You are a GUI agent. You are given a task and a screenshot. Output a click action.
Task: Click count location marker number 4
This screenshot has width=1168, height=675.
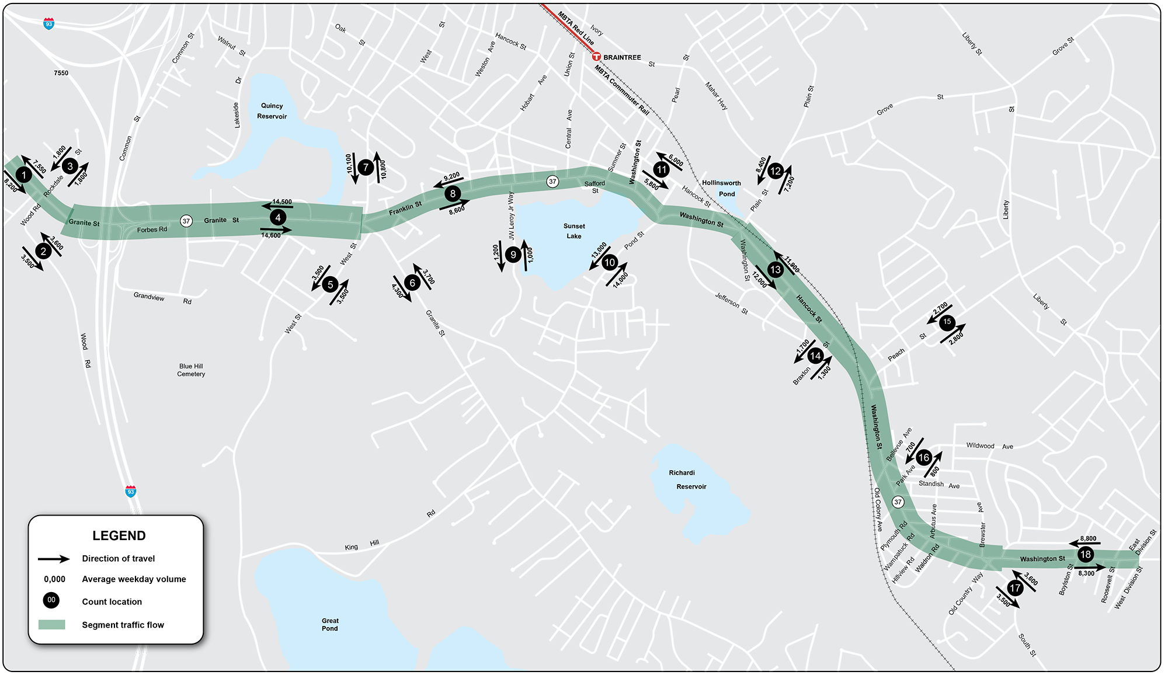click(x=278, y=218)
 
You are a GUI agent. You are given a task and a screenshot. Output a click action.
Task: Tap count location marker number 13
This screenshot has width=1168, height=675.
click(x=776, y=270)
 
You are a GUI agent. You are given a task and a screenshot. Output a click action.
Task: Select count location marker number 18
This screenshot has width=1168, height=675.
click(x=1086, y=555)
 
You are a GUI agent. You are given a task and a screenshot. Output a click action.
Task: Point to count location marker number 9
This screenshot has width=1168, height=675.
click(x=513, y=255)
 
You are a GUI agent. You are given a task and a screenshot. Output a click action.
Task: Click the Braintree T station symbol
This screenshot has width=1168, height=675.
click(x=596, y=57)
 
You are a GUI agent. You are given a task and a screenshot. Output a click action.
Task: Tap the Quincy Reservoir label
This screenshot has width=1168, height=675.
click(x=272, y=111)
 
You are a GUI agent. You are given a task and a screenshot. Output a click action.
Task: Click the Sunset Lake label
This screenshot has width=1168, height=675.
click(x=574, y=231)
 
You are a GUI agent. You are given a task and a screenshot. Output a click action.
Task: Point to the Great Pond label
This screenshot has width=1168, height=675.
click(x=330, y=624)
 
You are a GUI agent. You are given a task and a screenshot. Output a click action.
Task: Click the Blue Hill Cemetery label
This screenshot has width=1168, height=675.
click(x=191, y=370)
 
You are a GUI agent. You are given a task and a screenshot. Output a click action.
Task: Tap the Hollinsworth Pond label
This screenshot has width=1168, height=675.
click(x=722, y=188)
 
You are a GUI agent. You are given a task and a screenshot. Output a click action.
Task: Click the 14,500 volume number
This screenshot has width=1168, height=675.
click(x=282, y=202)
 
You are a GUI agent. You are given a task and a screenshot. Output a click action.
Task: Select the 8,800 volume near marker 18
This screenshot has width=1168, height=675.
click(x=1088, y=539)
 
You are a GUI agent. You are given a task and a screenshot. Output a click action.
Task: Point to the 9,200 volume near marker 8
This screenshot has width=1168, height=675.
click(x=451, y=177)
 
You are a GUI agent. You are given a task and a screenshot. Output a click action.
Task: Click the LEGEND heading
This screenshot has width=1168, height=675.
click(x=119, y=535)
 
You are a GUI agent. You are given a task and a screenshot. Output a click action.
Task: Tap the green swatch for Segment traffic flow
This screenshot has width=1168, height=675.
click(x=51, y=625)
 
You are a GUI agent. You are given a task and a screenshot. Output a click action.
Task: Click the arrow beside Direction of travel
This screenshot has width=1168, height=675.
click(x=54, y=559)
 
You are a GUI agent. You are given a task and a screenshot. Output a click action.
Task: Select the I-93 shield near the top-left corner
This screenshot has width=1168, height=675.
click(x=49, y=23)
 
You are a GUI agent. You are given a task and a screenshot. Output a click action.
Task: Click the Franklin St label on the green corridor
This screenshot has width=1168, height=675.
click(x=405, y=208)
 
